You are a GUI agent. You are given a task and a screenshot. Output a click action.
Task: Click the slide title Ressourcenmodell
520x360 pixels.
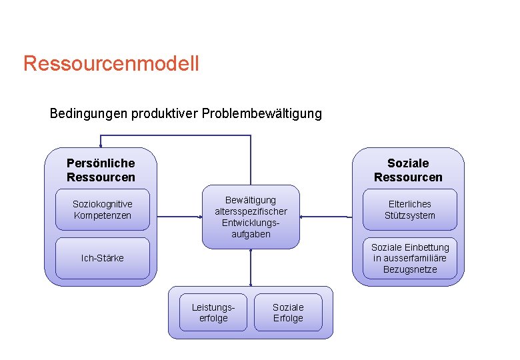(111, 64)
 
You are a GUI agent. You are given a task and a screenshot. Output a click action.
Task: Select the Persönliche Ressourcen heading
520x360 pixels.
(101, 170)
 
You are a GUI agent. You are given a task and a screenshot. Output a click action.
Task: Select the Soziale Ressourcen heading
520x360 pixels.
(408, 170)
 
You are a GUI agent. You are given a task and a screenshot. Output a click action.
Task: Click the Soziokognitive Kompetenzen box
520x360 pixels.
(103, 210)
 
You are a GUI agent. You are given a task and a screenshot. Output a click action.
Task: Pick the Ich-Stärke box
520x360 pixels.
(103, 258)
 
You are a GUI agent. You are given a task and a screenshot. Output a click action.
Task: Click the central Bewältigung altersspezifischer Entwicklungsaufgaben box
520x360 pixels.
(251, 217)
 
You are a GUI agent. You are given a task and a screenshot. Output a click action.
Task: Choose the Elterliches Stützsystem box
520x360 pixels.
(410, 210)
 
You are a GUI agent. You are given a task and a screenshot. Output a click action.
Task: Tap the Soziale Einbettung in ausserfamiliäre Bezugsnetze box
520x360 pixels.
(410, 258)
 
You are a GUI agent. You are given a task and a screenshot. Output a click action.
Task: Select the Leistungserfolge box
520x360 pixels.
(213, 313)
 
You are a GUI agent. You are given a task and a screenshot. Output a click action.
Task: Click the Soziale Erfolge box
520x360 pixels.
(288, 313)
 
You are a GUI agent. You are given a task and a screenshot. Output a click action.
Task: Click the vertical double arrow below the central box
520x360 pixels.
(251, 267)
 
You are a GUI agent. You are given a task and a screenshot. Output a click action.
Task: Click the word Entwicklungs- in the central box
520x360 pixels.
(251, 223)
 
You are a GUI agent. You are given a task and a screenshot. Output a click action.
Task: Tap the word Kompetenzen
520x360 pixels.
(103, 216)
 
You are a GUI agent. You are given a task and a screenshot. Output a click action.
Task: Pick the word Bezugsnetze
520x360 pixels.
(410, 269)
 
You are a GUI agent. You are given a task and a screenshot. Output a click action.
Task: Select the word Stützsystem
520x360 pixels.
(410, 216)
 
